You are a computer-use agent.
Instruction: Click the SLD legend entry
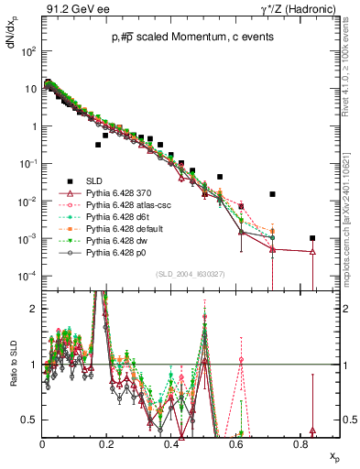coord(89,180)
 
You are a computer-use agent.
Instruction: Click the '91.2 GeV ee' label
coord(72,9)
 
